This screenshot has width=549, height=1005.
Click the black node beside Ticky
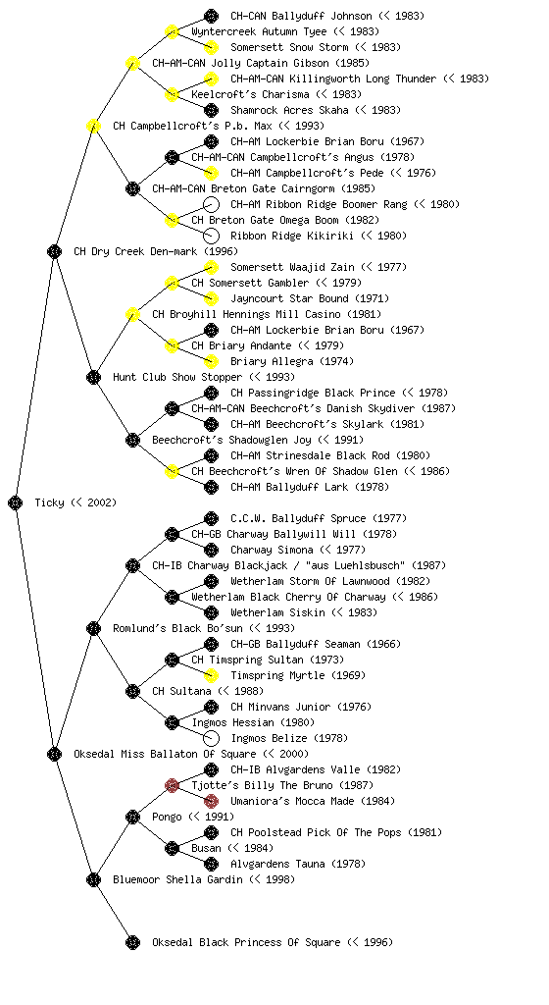pyautogui.click(x=16, y=502)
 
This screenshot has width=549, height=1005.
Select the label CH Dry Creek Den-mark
pyautogui.click(x=156, y=251)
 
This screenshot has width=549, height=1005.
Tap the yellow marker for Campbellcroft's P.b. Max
pyautogui.click(x=93, y=126)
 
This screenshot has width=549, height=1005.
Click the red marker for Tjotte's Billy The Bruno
pyautogui.click(x=172, y=785)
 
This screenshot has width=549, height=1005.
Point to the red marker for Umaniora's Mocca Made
pyautogui.click(x=211, y=801)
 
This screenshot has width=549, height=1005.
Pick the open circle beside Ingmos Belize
pyautogui.click(x=211, y=738)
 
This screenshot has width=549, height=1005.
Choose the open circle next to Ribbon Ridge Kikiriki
pyautogui.click(x=211, y=236)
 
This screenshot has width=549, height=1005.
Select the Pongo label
pyautogui.click(x=168, y=817)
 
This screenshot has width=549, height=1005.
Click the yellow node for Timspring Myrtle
pyautogui.click(x=211, y=675)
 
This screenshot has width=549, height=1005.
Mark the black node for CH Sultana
pyautogui.click(x=132, y=691)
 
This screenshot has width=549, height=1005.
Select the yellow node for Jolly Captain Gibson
pyautogui.click(x=132, y=63)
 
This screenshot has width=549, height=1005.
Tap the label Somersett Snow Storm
pyautogui.click(x=289, y=47)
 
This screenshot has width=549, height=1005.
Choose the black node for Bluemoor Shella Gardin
pyautogui.click(x=93, y=879)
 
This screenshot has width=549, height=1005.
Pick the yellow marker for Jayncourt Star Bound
pyautogui.click(x=211, y=298)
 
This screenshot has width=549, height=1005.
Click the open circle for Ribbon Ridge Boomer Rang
pyautogui.click(x=211, y=204)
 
